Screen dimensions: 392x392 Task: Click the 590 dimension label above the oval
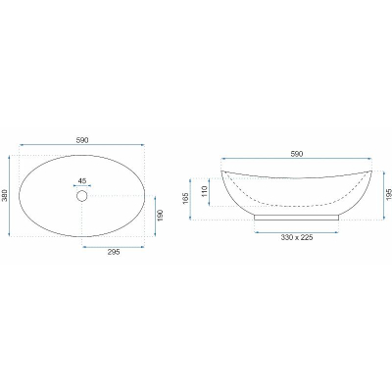coord(82,140)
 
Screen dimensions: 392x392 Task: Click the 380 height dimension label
coord(4,196)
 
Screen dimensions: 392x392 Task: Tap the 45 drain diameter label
coord(82,181)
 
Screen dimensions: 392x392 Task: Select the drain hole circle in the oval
coord(81,196)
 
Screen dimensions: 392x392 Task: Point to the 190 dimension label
coord(160,216)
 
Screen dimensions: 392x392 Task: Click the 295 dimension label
coord(114,252)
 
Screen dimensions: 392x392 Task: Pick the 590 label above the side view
coord(297,154)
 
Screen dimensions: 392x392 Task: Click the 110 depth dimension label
coord(205,191)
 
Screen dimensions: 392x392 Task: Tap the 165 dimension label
coord(185,199)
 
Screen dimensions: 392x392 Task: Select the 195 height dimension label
coord(388,195)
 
